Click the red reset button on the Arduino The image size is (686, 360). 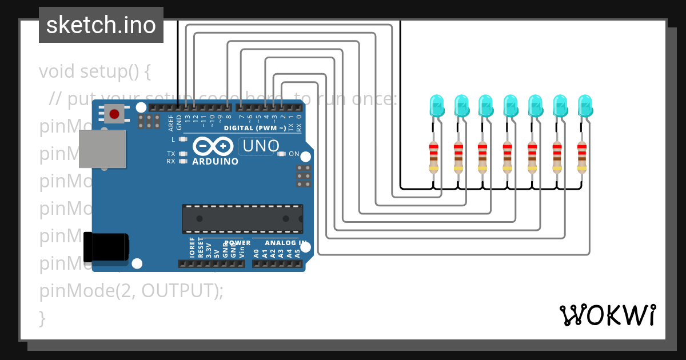[x=114, y=114]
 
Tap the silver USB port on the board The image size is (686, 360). [x=102, y=149]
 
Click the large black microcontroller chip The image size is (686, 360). [x=242, y=218]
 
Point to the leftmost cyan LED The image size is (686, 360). [x=437, y=106]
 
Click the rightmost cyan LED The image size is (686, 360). [x=585, y=106]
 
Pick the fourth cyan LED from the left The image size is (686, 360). [x=510, y=106]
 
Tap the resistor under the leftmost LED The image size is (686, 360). [x=434, y=157]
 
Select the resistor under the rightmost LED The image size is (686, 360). [x=581, y=157]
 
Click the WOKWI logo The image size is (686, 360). [x=608, y=315]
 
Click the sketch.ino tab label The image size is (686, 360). [x=101, y=25]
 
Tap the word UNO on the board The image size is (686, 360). [x=261, y=146]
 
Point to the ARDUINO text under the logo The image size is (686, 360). [x=215, y=161]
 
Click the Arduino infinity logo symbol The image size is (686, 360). [x=213, y=146]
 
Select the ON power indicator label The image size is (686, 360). [x=294, y=154]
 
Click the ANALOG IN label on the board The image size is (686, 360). [x=281, y=243]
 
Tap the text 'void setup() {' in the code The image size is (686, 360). [x=95, y=72]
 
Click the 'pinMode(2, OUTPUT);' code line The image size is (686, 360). [x=131, y=291]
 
